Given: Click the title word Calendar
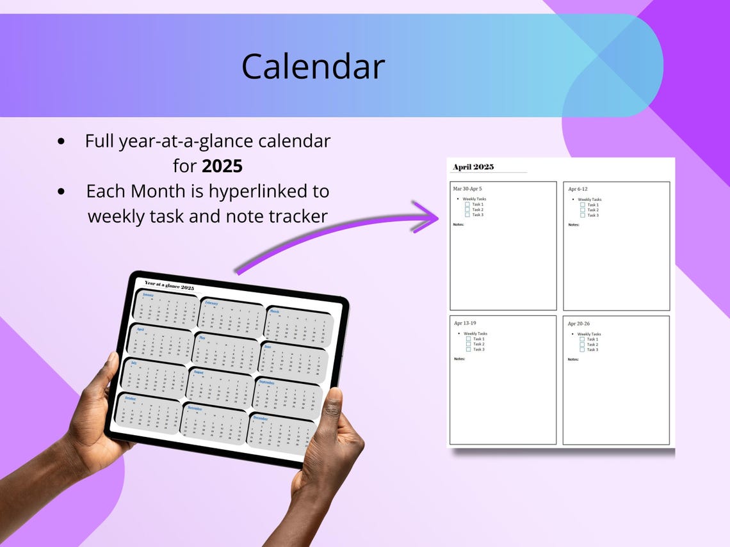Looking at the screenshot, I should click(x=312, y=66).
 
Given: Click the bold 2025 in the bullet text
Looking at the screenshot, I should click(x=222, y=166).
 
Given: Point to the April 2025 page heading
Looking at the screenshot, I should click(x=473, y=167).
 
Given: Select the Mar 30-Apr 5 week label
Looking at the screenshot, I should click(x=467, y=189).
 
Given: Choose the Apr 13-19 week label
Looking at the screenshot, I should click(x=466, y=323).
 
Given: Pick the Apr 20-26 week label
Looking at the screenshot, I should click(x=579, y=324).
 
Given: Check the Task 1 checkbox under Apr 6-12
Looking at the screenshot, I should click(x=583, y=205).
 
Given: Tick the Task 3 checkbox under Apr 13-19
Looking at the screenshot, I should click(x=469, y=349).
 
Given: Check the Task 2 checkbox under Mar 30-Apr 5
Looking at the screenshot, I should click(x=467, y=209).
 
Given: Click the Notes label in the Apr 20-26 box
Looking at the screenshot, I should click(x=573, y=360).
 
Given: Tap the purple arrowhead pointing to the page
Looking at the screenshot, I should click(x=429, y=217).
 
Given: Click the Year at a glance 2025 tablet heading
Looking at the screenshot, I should click(x=169, y=285).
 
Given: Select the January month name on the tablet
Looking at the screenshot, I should click(x=148, y=295).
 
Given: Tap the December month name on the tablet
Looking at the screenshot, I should click(x=260, y=418).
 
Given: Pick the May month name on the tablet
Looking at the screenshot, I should click(x=202, y=337).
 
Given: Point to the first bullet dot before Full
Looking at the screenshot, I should click(x=61, y=141).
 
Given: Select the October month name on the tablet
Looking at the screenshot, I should click(x=130, y=398).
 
